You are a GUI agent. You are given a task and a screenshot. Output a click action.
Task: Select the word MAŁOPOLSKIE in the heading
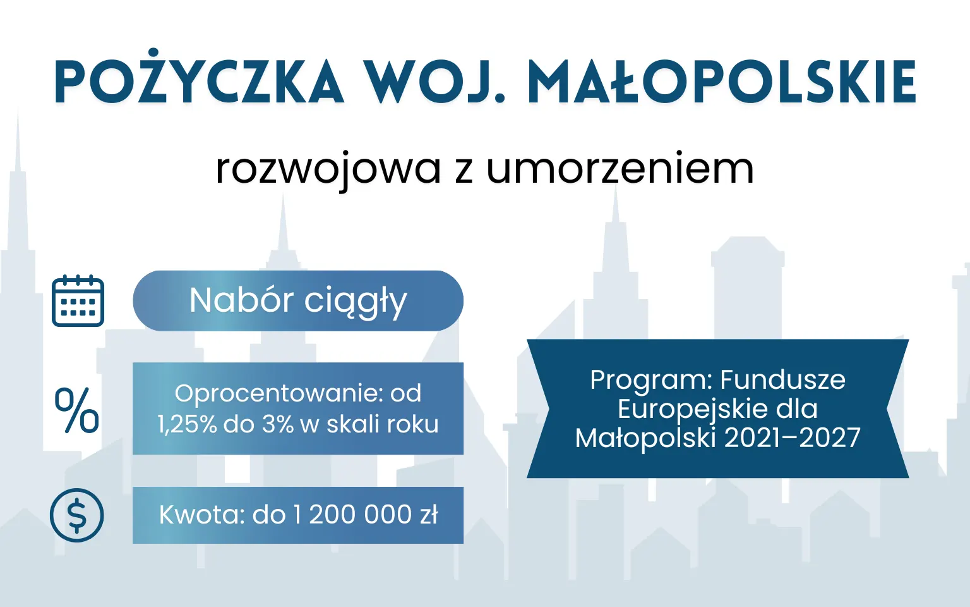(722, 82)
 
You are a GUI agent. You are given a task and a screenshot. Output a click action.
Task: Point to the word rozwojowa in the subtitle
(328, 169)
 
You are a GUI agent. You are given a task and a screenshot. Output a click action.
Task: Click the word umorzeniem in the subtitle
(620, 169)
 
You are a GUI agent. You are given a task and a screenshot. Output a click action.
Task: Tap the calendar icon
(78, 301)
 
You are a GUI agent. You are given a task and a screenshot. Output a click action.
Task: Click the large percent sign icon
(77, 410)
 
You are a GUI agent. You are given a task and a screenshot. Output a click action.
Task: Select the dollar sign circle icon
(77, 515)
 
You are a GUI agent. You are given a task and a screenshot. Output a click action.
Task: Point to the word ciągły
(356, 302)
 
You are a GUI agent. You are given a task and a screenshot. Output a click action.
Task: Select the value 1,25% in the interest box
(187, 424)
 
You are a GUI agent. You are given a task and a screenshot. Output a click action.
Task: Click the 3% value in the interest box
(277, 424)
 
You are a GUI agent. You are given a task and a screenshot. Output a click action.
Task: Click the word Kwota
(201, 515)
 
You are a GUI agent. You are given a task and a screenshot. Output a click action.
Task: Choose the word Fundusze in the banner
(782, 380)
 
